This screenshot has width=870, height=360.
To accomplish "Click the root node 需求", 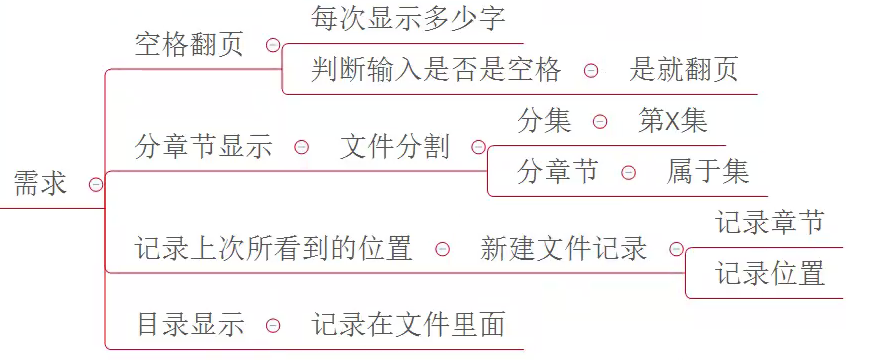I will pos(40,184).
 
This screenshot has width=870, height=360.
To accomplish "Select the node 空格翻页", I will pos(189,45).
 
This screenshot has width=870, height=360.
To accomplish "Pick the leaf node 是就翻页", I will pos(684,70).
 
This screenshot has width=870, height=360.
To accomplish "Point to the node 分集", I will pos(545,121).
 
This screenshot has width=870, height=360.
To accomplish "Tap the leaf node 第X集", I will pos(673,121).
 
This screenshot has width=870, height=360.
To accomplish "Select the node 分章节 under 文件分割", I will pos(558,172).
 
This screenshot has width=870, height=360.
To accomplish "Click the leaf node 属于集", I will pos(708,172).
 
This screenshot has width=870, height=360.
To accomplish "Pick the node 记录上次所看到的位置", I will pos(274,248).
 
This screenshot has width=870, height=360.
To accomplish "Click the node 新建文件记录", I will pos(564,248).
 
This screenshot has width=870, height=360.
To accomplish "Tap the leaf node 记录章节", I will pos(770,222).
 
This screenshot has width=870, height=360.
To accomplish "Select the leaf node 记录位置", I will pos(770,273).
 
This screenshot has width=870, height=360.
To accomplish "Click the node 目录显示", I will pos(190,325).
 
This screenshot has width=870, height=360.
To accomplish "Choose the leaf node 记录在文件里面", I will pos(409,325).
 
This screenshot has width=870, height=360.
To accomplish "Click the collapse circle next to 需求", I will pos(95,185).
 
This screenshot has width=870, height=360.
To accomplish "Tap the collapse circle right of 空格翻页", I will pos(273,45).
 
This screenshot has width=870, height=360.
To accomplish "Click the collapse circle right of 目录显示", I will pos(273,325).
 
